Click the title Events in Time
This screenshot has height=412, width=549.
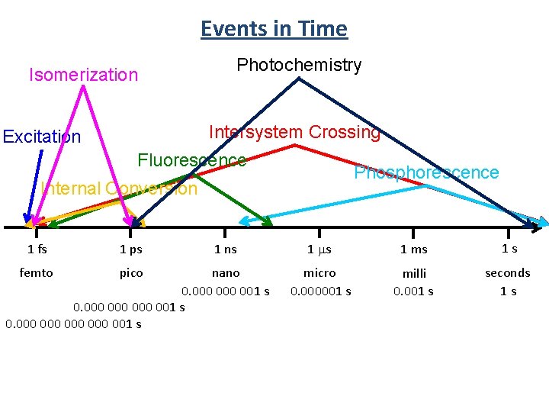tap(274, 29)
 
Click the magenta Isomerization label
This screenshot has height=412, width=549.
tap(83, 75)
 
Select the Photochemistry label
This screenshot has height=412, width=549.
tap(299, 65)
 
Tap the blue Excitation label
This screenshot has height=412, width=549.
tap(42, 137)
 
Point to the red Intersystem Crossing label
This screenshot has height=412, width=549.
tap(294, 132)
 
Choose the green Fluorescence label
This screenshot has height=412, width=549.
tap(191, 160)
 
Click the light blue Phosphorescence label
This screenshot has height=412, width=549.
tap(426, 172)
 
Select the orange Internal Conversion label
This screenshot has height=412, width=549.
tap(120, 188)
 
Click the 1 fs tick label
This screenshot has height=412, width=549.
tap(37, 249)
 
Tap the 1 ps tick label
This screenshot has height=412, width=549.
tap(131, 249)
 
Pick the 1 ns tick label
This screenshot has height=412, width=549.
tap(226, 249)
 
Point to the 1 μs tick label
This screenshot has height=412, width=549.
tap(319, 249)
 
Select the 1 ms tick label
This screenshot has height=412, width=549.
tap(414, 249)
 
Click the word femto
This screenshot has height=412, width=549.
tap(37, 272)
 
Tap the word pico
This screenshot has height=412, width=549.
tap(131, 272)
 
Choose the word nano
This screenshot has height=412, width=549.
tap(226, 272)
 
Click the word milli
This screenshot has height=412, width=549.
tap(414, 272)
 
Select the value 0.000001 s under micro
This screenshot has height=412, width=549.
tap(320, 291)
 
